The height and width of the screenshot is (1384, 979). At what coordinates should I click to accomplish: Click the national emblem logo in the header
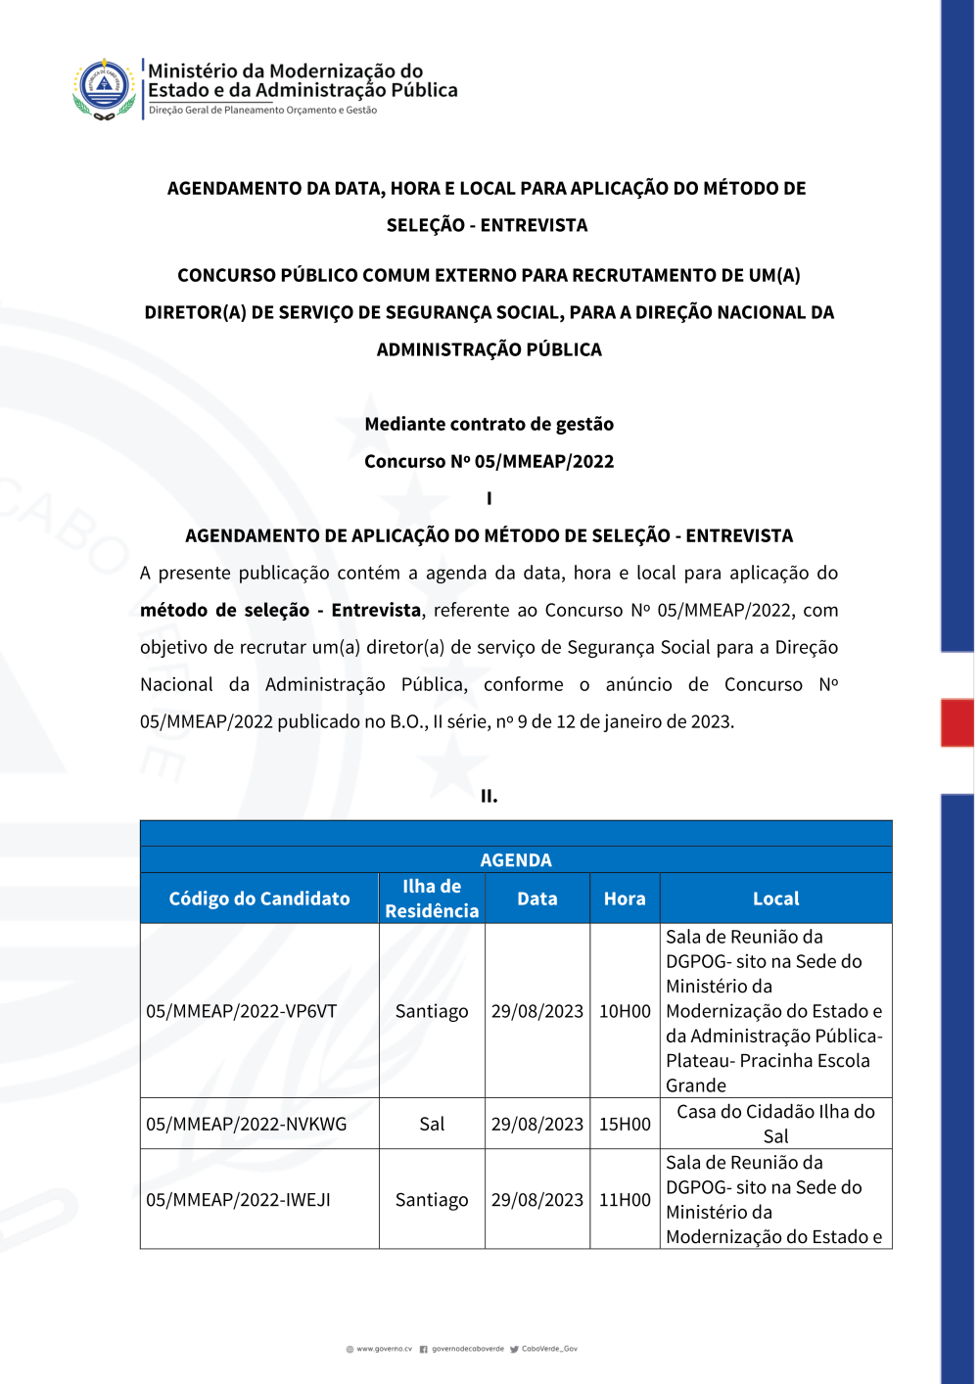coord(105,88)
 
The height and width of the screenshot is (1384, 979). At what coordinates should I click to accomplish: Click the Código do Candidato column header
coord(259,899)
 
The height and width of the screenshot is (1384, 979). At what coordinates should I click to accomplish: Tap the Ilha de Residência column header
coord(432,899)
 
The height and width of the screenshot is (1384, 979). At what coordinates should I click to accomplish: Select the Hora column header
coord(625,899)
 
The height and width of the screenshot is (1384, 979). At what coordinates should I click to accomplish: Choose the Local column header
coord(775,899)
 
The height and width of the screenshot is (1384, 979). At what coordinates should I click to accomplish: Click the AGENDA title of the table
coord(516,860)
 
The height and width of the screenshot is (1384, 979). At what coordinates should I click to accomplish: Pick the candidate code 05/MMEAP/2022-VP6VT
coord(242,1011)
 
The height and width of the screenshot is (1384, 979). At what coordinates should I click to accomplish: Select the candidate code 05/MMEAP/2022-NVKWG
coord(247,1124)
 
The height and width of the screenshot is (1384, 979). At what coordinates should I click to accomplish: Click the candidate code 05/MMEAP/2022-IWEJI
coord(239,1200)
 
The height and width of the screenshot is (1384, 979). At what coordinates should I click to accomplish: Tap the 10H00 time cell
coord(625,1011)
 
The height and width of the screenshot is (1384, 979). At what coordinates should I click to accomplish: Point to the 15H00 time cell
coord(625,1124)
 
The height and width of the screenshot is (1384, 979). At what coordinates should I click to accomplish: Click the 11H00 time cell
coord(625,1200)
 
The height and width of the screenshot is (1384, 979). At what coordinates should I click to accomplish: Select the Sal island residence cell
coord(432,1124)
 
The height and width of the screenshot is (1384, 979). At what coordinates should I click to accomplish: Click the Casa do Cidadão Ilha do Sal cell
coord(775,1124)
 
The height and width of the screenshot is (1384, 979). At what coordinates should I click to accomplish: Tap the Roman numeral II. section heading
coord(489,796)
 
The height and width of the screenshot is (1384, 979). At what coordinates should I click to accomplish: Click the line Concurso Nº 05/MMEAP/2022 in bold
coord(489,461)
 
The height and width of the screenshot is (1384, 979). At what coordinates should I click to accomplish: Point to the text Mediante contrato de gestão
coord(489,424)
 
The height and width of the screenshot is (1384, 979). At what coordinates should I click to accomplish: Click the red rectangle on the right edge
coord(957,722)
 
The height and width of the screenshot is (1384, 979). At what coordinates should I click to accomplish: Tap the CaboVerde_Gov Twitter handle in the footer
coord(548,1349)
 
